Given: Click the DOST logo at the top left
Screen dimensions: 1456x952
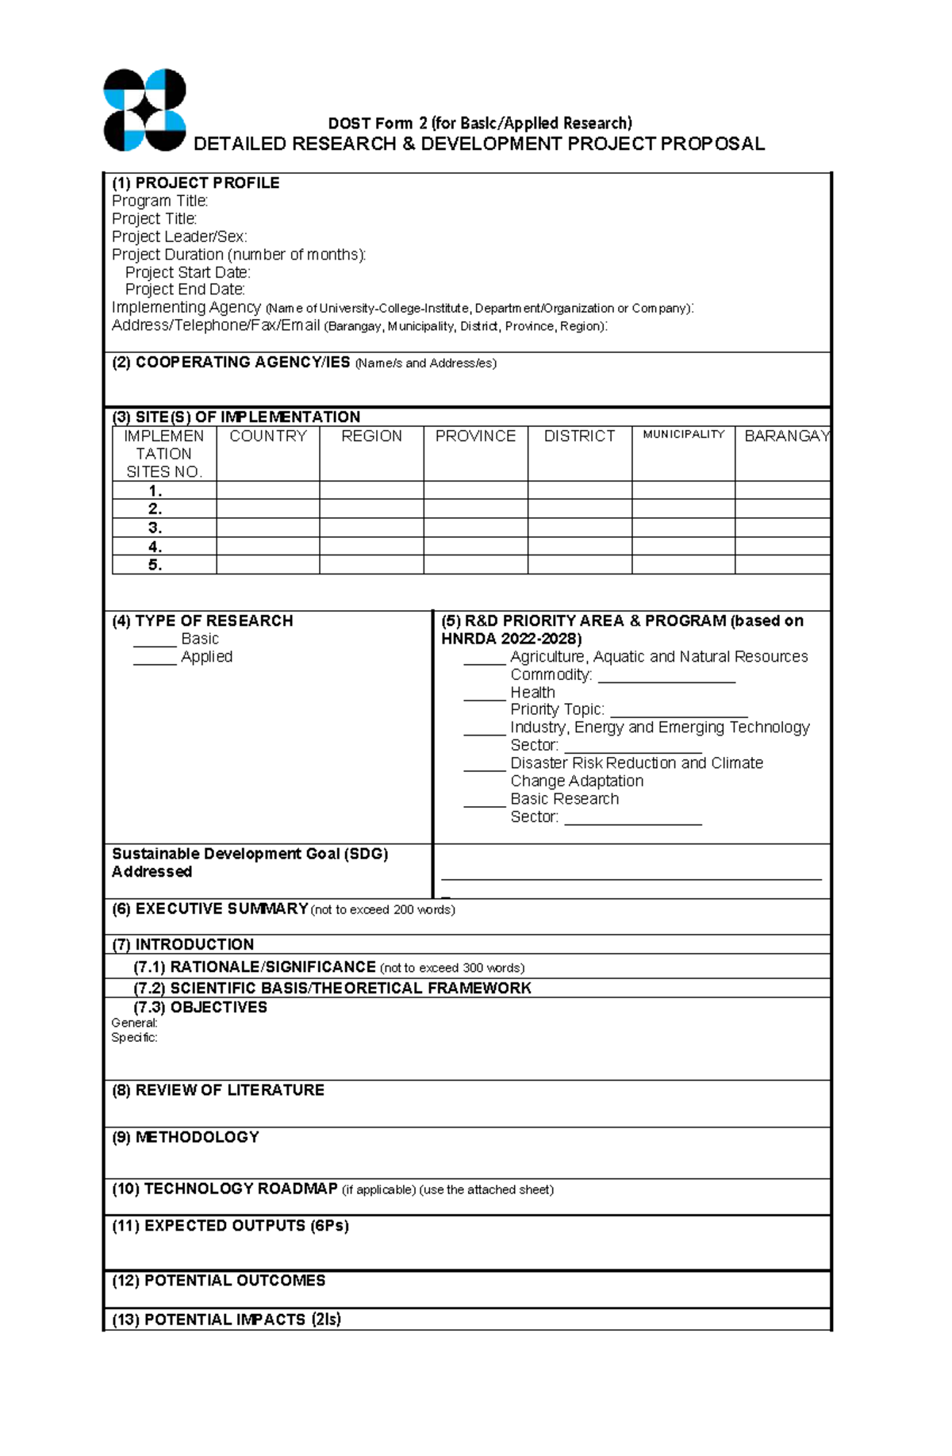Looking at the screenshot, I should [144, 109].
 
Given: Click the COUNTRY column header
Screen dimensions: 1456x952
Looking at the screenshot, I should [267, 436].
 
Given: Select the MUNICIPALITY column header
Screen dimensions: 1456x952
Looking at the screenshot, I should [683, 434].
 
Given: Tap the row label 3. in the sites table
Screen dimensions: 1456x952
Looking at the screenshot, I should [155, 528].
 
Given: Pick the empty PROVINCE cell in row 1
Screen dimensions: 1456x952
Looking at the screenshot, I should [475, 490].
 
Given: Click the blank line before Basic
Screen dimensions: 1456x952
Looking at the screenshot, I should [154, 643].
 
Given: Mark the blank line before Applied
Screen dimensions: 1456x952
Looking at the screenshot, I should [154, 662].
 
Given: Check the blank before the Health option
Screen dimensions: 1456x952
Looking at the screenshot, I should [484, 697].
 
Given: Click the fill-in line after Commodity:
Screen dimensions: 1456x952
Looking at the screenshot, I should [666, 679].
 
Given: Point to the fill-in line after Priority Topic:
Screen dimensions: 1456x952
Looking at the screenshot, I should [679, 714].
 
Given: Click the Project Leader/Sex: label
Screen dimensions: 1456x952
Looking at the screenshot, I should [179, 236].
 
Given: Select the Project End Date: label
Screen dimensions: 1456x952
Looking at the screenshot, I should [185, 290].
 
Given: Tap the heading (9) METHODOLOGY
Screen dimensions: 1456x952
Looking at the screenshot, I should [186, 1137].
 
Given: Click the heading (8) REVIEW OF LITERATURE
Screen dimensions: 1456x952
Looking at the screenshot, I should [218, 1090].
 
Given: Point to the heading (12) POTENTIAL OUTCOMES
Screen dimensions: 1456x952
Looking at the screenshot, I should [219, 1281].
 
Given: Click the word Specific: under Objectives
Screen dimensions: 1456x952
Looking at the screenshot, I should [134, 1037].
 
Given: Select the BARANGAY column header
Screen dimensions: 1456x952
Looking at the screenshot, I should [786, 436].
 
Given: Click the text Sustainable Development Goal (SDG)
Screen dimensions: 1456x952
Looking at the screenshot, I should [249, 854].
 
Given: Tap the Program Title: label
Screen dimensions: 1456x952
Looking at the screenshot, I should [159, 201].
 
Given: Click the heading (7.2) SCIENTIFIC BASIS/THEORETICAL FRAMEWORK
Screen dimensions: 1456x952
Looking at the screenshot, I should [332, 988].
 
